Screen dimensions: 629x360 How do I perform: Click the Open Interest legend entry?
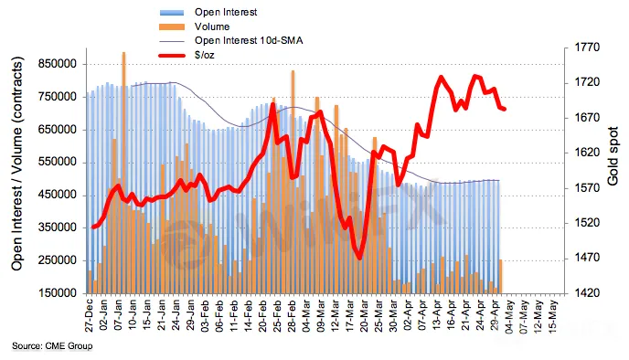(x=208, y=13)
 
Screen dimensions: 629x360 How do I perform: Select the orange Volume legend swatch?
(x=172, y=26)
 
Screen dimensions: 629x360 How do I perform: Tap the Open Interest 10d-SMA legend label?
(x=249, y=40)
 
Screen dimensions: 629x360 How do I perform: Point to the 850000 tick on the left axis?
(x=58, y=64)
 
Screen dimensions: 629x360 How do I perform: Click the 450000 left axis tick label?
(x=58, y=196)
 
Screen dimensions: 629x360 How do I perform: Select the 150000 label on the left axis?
(x=58, y=293)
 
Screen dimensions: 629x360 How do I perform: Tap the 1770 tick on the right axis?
(x=586, y=48)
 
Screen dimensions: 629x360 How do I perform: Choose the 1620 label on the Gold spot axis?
(x=586, y=153)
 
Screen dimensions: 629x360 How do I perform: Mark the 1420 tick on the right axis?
(x=586, y=293)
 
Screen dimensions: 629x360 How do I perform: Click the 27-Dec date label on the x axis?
(x=89, y=314)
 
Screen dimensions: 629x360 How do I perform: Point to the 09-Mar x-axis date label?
(x=321, y=314)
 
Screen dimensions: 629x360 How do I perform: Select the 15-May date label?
(x=553, y=314)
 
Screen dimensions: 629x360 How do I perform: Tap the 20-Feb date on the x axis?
(x=262, y=314)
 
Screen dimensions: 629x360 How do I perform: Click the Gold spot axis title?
(x=613, y=156)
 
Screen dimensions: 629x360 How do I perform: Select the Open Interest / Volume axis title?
(x=16, y=164)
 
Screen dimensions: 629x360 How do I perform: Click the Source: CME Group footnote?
(x=52, y=345)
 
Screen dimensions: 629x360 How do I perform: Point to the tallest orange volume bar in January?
(x=124, y=173)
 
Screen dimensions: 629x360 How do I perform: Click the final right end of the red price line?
(x=505, y=109)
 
